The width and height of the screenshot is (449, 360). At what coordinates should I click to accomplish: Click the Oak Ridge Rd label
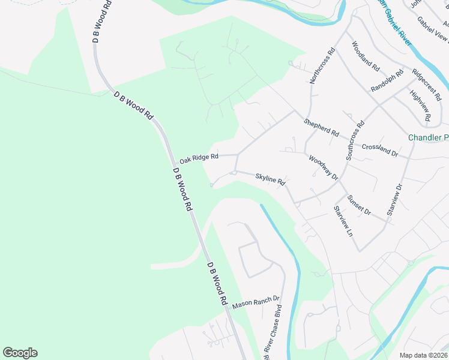click(199, 158)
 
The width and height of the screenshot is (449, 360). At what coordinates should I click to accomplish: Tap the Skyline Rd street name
click(270, 179)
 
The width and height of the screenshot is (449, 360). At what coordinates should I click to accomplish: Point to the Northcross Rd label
click(321, 66)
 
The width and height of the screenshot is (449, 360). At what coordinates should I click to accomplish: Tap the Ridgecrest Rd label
click(429, 84)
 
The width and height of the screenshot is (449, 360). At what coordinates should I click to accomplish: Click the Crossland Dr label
click(380, 150)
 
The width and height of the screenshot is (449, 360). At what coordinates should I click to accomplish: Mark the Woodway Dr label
click(324, 168)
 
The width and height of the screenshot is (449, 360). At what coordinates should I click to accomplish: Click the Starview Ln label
click(343, 221)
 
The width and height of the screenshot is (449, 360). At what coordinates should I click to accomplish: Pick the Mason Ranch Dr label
click(256, 302)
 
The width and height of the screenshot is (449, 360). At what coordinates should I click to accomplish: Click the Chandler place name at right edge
click(428, 138)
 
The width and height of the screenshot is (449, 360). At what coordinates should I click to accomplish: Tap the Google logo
click(20, 353)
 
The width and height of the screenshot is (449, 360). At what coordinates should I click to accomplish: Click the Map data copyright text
click(424, 355)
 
